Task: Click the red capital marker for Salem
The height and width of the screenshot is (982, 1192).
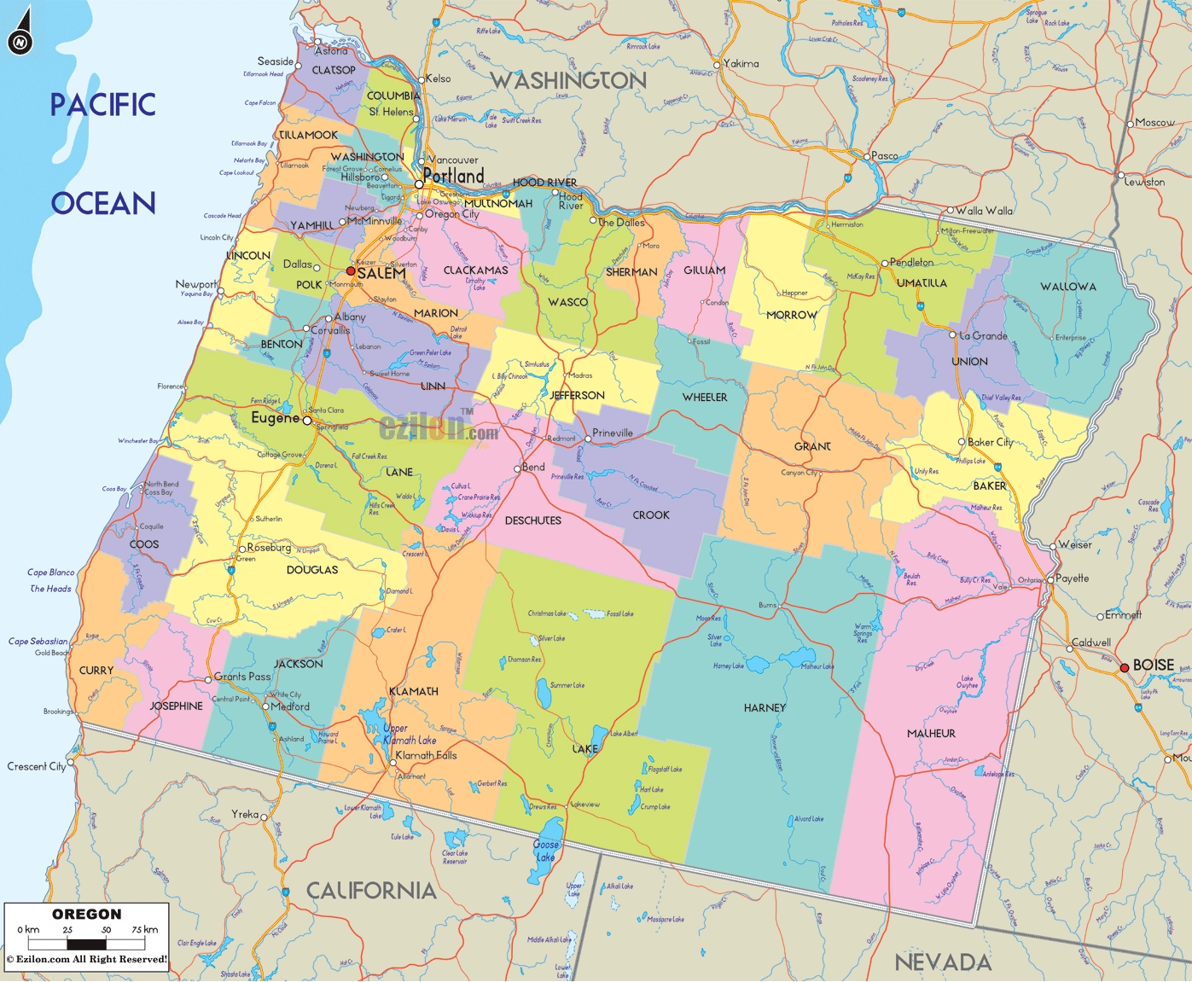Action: pos(351,271)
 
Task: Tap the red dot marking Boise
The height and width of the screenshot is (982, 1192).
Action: pos(1125,667)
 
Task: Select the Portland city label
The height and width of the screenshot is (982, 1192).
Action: pos(453,176)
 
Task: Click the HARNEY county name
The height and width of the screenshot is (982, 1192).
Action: pos(765,708)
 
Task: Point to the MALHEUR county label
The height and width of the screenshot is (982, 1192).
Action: pos(931,734)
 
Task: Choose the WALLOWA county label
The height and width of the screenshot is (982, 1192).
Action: pos(1068,287)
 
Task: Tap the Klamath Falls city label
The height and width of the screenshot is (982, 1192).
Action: pos(426,756)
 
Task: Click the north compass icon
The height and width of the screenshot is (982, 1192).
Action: pos(20,32)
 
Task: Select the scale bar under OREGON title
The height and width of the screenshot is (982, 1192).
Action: pos(87,944)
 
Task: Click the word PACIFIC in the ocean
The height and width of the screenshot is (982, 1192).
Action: pos(103,106)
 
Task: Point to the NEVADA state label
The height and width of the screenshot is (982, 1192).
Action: pos(943,963)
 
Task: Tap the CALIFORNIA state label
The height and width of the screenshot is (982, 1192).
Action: pos(371,891)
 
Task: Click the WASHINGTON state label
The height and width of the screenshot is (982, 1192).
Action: pos(568,81)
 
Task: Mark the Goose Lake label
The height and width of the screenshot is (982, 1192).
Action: pos(545,851)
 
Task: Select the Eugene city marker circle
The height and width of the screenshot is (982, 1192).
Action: pos(307,421)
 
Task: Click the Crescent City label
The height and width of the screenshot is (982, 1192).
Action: pos(37,767)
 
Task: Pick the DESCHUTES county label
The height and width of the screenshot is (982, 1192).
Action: pos(533,520)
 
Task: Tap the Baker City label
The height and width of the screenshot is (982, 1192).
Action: pos(990,443)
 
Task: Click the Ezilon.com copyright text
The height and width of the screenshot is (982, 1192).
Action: pos(87,960)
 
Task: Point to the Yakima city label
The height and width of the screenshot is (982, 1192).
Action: pos(741,64)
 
